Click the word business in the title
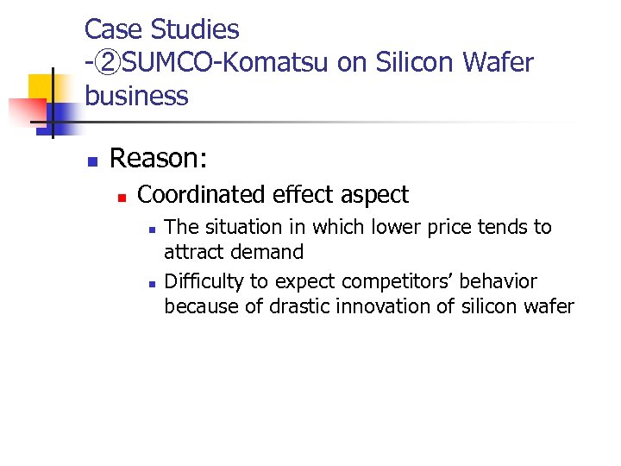[136, 96]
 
